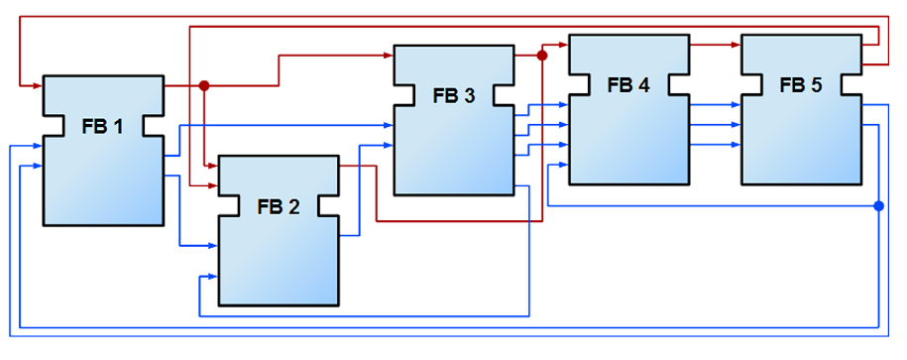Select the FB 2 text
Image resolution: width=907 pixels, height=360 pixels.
click(x=279, y=206)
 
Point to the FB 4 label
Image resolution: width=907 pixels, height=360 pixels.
click(x=628, y=85)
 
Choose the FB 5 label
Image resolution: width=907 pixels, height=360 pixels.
click(x=801, y=85)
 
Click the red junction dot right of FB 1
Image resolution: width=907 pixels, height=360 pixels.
click(x=204, y=86)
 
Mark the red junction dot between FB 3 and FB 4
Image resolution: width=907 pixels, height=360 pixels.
click(x=542, y=57)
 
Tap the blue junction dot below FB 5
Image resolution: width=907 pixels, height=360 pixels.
click(x=878, y=206)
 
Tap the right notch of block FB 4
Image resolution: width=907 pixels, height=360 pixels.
click(x=678, y=85)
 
